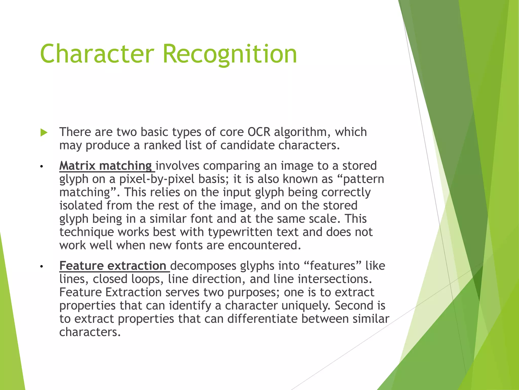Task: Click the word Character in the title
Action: (x=97, y=54)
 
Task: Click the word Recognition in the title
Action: (x=230, y=54)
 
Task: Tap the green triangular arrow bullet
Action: (x=44, y=133)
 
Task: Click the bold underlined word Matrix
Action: (x=77, y=166)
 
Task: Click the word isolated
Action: (x=81, y=205)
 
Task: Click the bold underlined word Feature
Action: (x=81, y=266)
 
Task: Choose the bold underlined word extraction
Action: (x=137, y=266)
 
